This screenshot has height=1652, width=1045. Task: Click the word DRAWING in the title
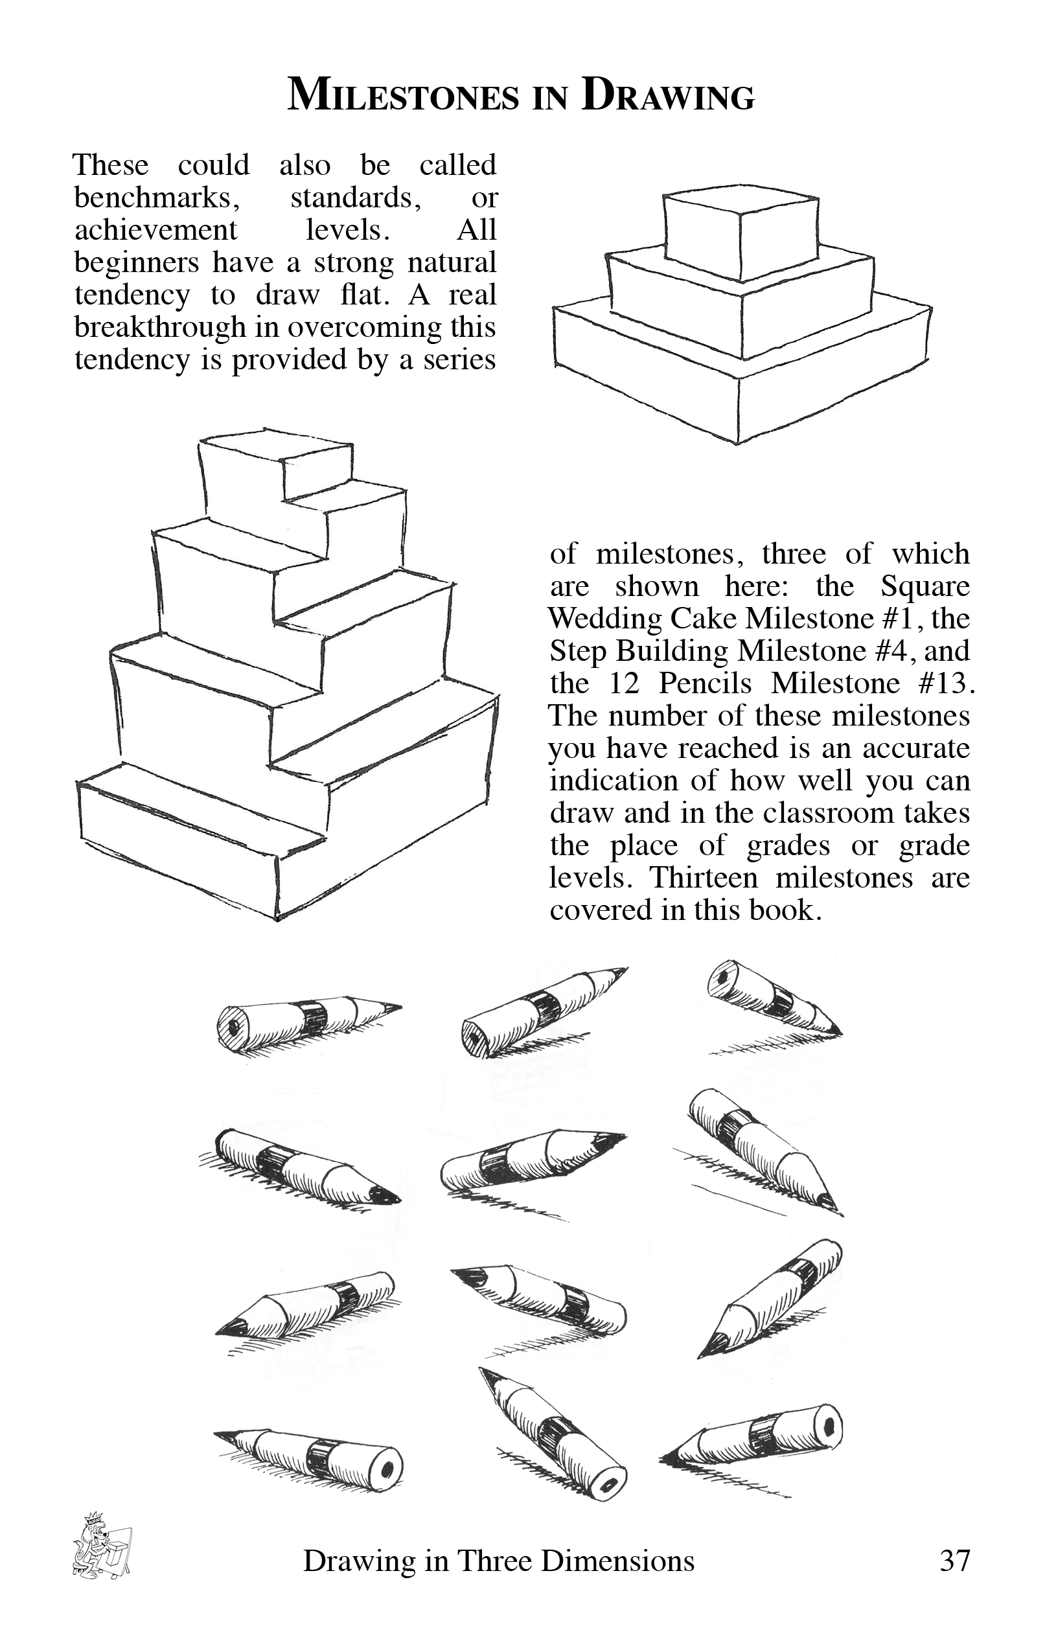[667, 95]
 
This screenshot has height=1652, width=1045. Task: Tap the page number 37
[954, 1561]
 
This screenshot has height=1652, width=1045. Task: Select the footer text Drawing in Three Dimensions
[499, 1561]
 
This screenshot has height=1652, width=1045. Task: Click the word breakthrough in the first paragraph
[159, 327]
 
